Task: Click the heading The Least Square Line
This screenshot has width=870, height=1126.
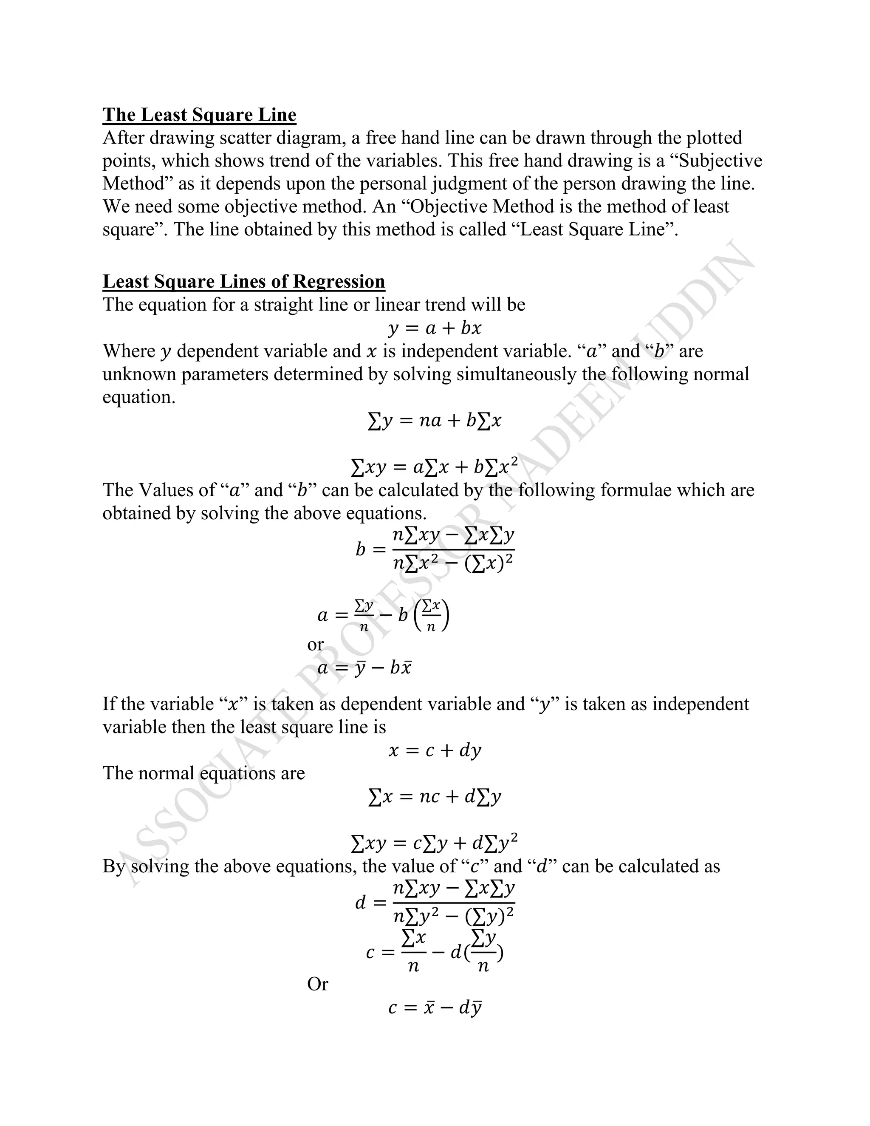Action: click(200, 114)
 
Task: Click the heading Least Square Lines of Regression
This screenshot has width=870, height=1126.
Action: click(244, 281)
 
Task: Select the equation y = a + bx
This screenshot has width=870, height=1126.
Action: click(435, 328)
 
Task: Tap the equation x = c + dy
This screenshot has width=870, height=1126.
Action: click(435, 750)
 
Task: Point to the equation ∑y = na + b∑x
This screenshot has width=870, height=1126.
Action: click(435, 421)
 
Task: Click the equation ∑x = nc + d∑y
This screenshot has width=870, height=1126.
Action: click(435, 797)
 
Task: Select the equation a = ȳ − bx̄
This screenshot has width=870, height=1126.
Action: click(364, 668)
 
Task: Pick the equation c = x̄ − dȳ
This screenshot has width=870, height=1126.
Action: click(435, 1007)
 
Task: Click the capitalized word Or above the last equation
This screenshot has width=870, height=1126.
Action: click(317, 984)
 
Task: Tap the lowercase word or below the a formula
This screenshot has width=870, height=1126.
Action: click(316, 645)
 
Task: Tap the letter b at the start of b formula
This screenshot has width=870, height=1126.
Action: click(360, 549)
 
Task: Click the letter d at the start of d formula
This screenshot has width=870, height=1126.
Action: click(360, 902)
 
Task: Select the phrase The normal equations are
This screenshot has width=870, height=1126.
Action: click(203, 773)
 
